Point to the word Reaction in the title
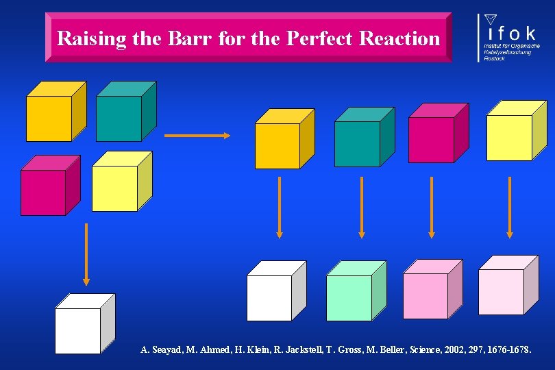pos(402,38)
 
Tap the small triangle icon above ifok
pos(490,18)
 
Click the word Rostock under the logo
pos(495,59)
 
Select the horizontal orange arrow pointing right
pos(197,136)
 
